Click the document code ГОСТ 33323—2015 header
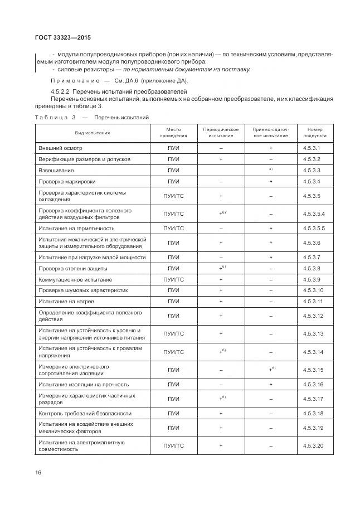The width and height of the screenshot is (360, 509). click(x=59, y=38)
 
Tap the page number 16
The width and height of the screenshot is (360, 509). click(x=37, y=472)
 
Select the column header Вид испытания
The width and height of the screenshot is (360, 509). click(x=93, y=133)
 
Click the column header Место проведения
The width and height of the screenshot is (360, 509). click(x=173, y=133)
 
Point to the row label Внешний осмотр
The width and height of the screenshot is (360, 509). click(x=60, y=148)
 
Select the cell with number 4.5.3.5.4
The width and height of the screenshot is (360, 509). click(x=314, y=214)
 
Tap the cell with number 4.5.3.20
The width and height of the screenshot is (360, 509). click(x=314, y=446)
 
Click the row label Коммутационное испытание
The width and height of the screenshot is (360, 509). click(x=75, y=279)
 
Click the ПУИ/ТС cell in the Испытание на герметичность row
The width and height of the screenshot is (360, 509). click(x=173, y=228)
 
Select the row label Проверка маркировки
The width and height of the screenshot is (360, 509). click(x=67, y=181)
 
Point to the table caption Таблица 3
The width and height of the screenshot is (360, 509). click(x=55, y=118)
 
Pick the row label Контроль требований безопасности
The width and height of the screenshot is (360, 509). click(x=85, y=414)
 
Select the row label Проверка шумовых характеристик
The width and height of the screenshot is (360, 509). click(x=83, y=290)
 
